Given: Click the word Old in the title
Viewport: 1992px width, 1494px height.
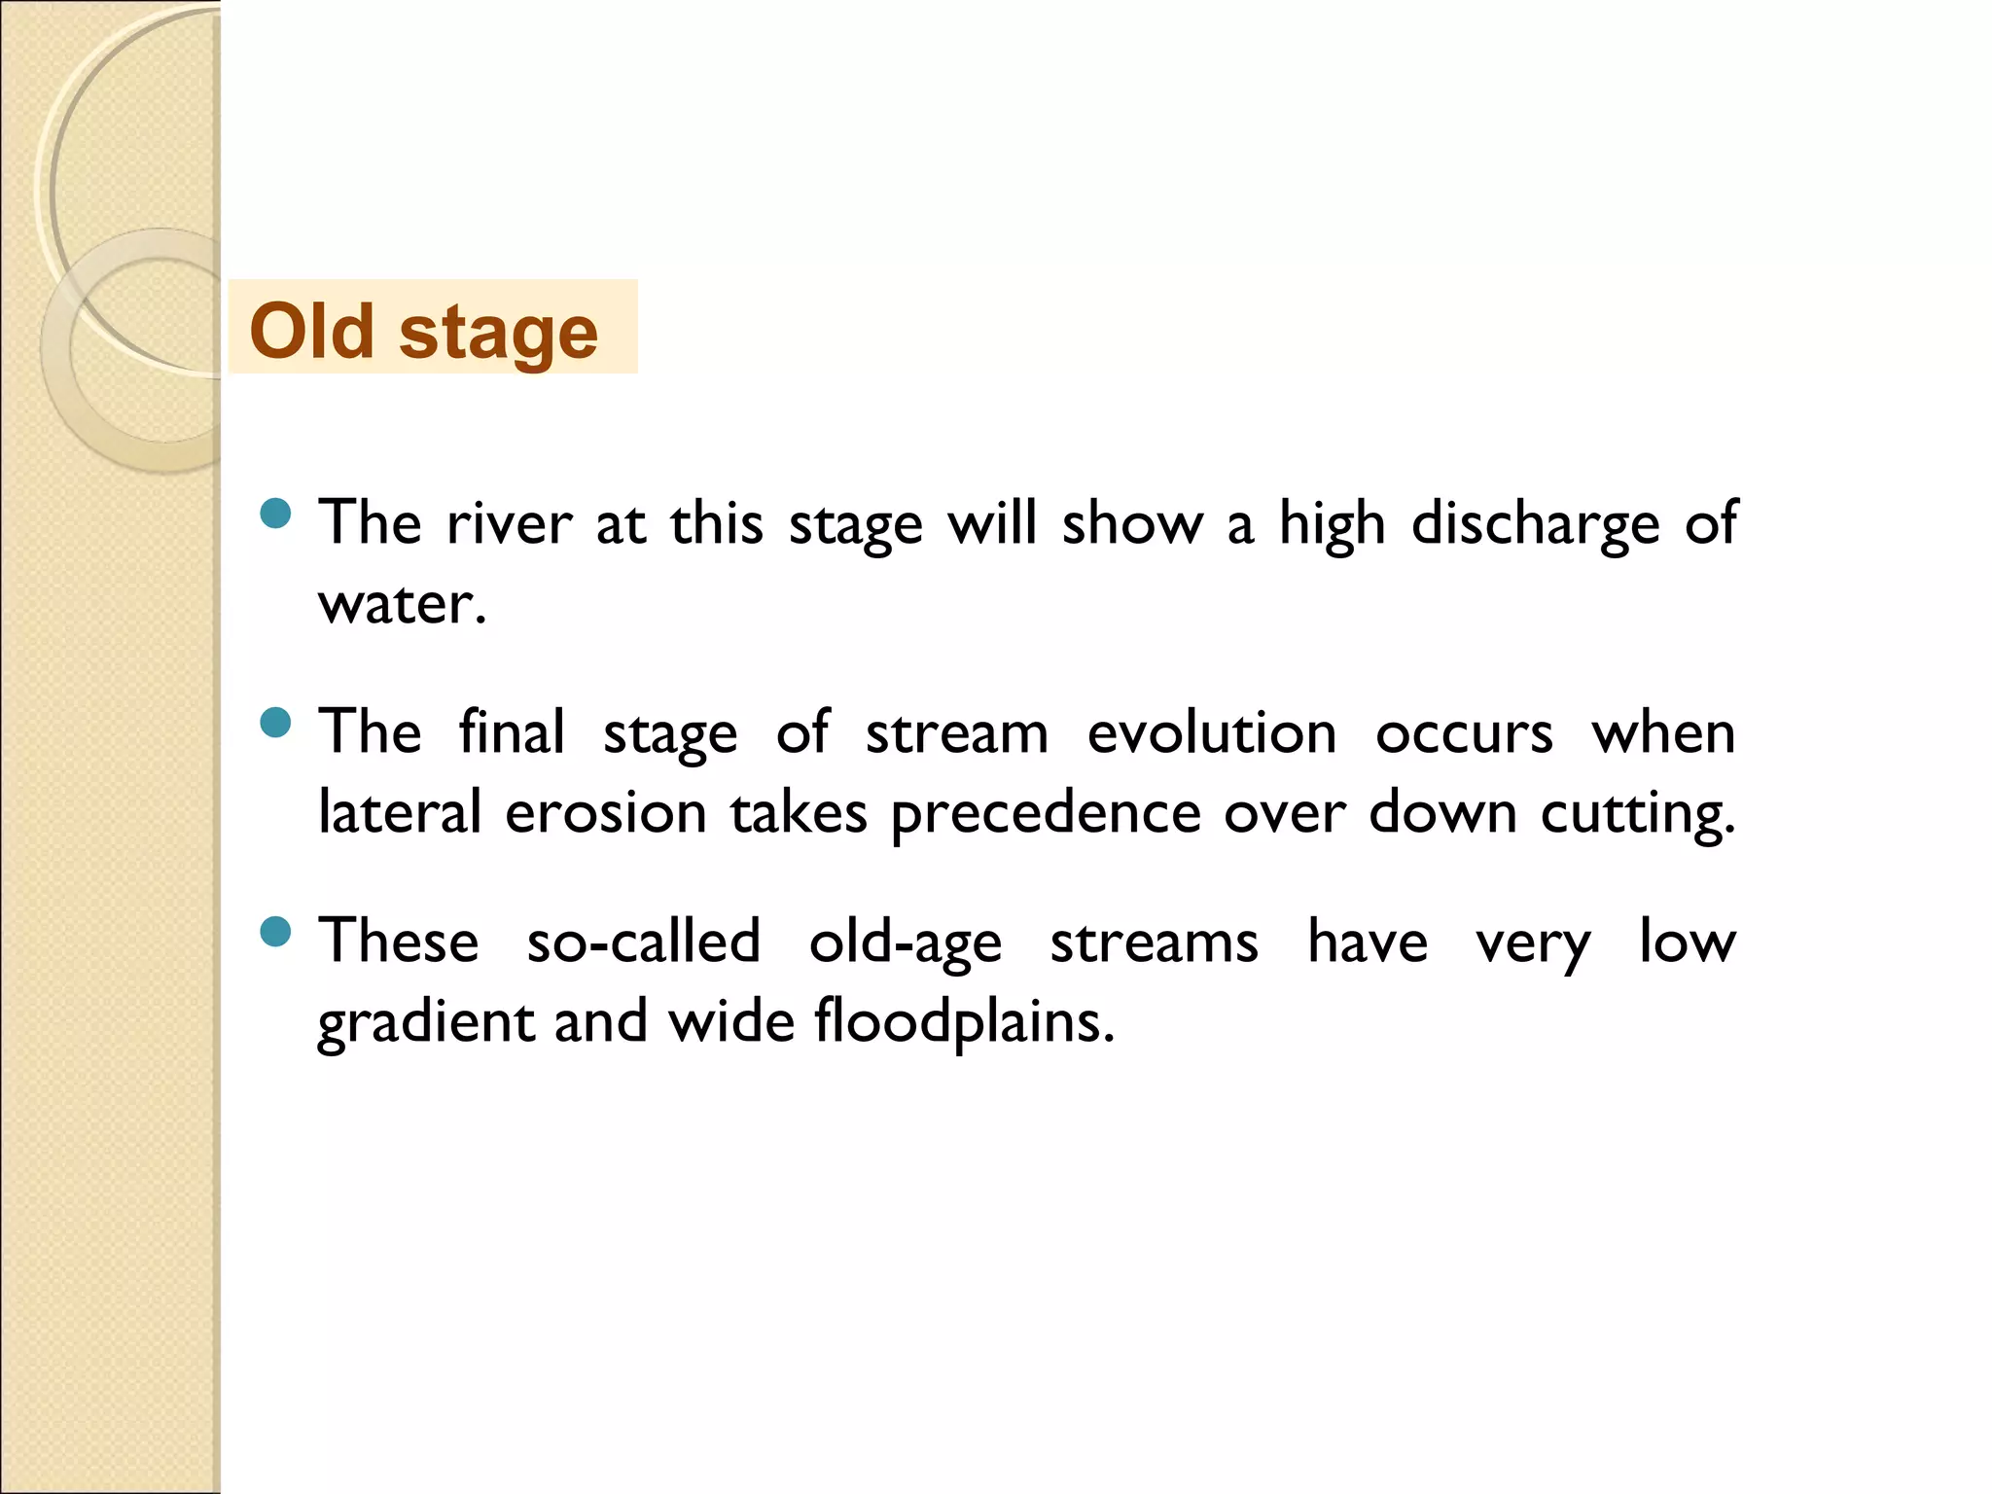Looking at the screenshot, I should click(x=311, y=331).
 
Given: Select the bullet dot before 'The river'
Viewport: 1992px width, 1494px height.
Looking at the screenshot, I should click(x=276, y=514).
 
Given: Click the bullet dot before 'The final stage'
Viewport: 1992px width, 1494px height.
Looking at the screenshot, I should click(x=276, y=723).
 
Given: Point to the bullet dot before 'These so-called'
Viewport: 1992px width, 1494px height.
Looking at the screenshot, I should click(x=276, y=932).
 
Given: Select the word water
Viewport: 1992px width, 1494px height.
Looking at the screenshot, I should click(x=401, y=605).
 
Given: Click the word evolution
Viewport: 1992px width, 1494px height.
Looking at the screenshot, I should click(x=1211, y=733).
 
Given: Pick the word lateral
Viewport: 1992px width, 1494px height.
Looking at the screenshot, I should click(x=400, y=813).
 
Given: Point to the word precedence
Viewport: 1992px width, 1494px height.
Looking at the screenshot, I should click(x=1046, y=815).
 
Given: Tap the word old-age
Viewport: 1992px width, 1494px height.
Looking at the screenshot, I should click(x=905, y=943).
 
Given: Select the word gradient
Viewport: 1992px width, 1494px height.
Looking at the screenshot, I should click(x=426, y=1023).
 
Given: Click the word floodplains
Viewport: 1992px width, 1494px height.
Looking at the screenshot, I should click(x=963, y=1023).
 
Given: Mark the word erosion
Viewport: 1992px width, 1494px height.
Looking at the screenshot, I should click(x=605, y=813).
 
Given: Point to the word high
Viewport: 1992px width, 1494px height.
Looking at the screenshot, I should click(x=1331, y=525).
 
